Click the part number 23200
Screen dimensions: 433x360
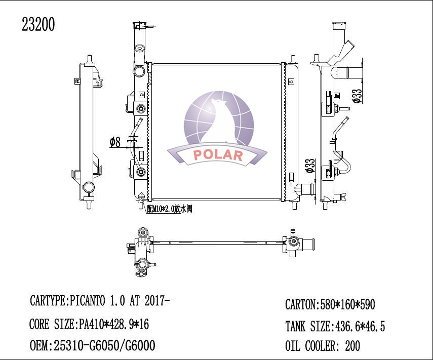(38, 24)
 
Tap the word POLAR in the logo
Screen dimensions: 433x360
(218, 155)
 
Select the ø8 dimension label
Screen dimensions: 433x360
(115, 142)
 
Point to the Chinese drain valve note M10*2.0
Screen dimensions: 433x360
(169, 209)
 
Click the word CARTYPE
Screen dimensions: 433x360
(48, 301)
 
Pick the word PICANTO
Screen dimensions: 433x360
(87, 301)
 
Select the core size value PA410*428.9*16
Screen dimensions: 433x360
(114, 324)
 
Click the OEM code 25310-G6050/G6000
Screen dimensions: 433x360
(104, 346)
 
